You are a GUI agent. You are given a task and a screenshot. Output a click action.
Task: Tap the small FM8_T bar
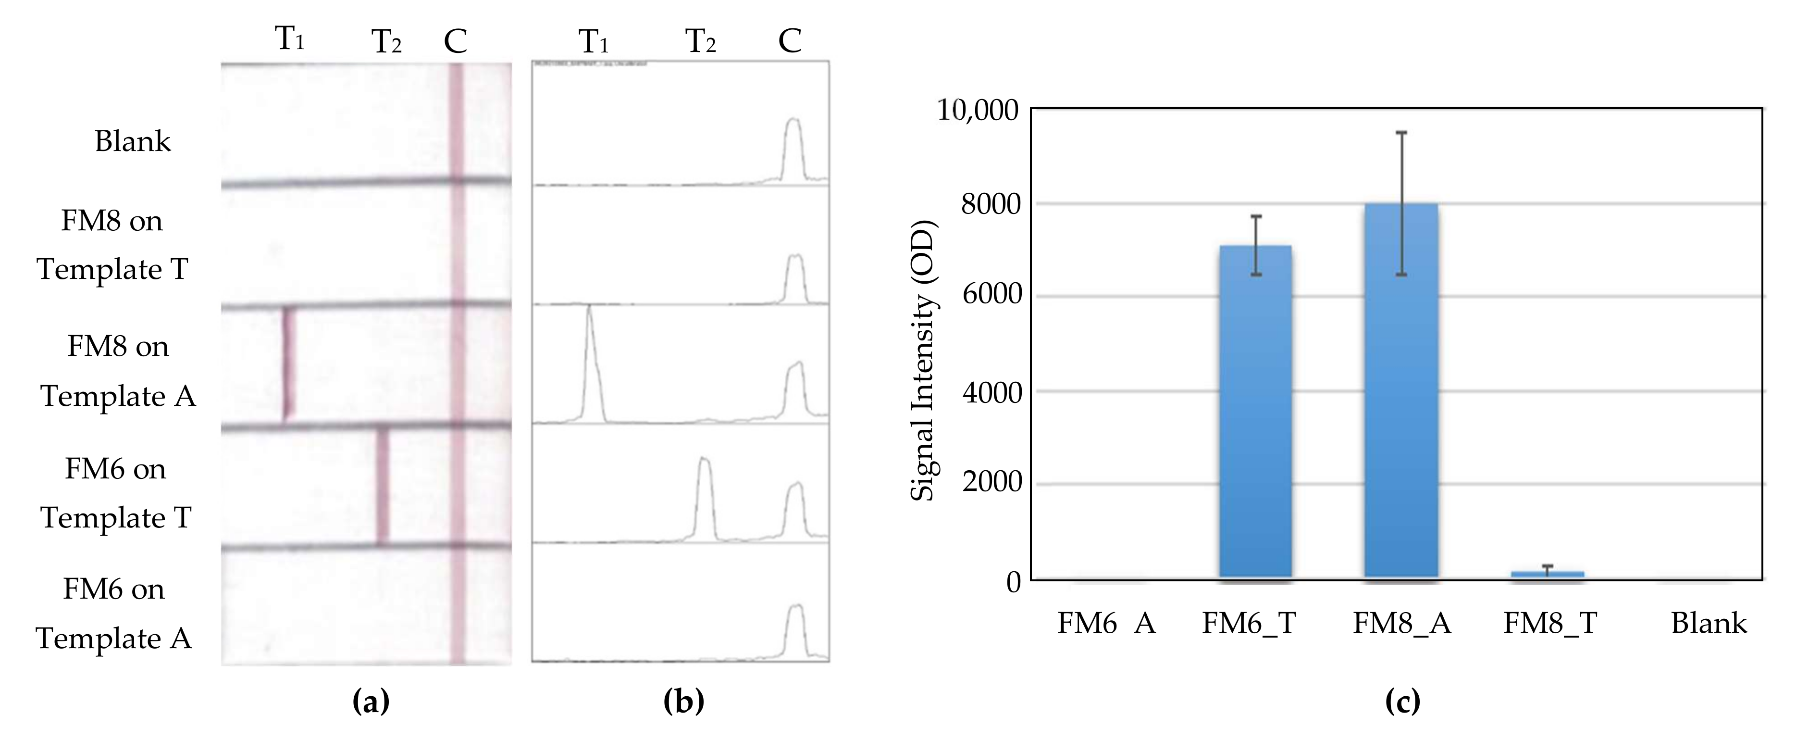point(1547,574)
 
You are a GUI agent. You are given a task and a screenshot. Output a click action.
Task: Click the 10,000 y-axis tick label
point(978,110)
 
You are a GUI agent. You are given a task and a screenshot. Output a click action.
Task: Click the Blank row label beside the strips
point(132,141)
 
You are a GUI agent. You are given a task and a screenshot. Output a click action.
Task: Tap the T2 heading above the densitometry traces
point(700,41)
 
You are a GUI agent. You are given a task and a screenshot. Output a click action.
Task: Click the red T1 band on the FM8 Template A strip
point(287,363)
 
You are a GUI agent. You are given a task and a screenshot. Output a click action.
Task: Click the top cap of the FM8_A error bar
point(1401,132)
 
